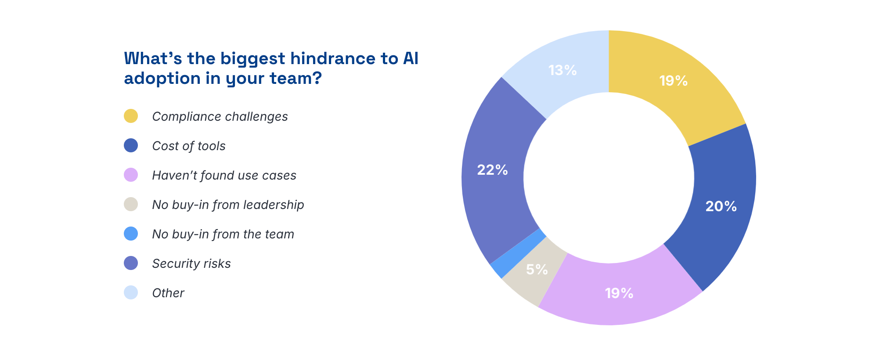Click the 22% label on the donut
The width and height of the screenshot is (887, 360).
coord(492,170)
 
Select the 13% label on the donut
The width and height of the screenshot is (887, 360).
coord(562,70)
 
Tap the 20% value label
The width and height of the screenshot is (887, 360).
coord(721,206)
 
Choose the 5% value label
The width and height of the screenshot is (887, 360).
coord(537,270)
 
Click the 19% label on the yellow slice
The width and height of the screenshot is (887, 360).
coord(673,81)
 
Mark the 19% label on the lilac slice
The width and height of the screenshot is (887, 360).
coord(619,293)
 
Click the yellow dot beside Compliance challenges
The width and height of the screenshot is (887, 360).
coord(131,116)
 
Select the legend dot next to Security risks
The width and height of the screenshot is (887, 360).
coord(131,263)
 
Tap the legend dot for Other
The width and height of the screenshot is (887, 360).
coord(131,293)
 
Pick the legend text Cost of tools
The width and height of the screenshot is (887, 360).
coord(189,146)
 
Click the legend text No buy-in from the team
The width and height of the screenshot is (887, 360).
coord(223,234)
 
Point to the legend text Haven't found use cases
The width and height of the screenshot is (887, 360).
coord(224,175)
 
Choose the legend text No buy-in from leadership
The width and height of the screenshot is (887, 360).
coord(228,205)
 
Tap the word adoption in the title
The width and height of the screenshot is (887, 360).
coord(162,79)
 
